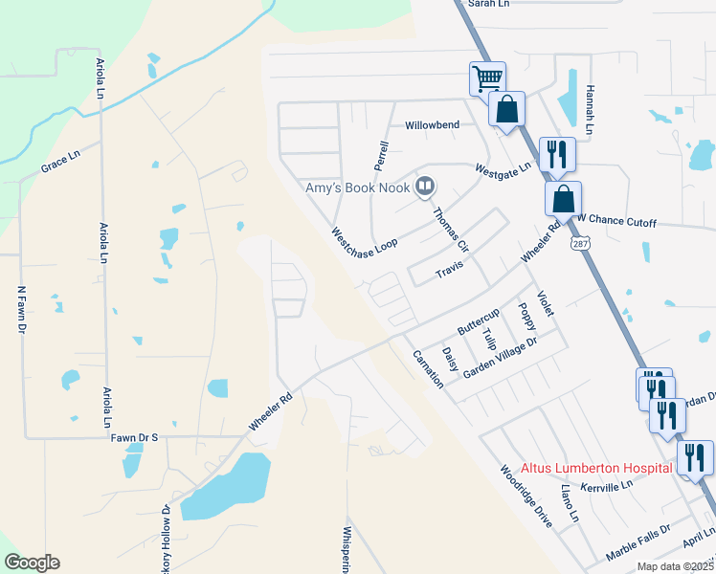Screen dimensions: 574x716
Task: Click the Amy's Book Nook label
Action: (x=358, y=188)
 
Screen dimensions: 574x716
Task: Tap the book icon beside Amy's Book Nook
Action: (x=425, y=187)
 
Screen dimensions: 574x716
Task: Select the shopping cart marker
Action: (x=487, y=77)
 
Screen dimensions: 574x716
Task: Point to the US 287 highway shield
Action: (x=581, y=245)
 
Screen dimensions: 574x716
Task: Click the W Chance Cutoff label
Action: (x=616, y=223)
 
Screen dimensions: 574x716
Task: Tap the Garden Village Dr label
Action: (x=502, y=357)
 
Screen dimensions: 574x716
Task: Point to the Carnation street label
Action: (x=427, y=368)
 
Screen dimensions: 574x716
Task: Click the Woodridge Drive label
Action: (x=526, y=497)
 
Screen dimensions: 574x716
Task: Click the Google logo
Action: (x=32, y=563)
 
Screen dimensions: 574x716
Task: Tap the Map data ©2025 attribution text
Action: (x=675, y=566)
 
